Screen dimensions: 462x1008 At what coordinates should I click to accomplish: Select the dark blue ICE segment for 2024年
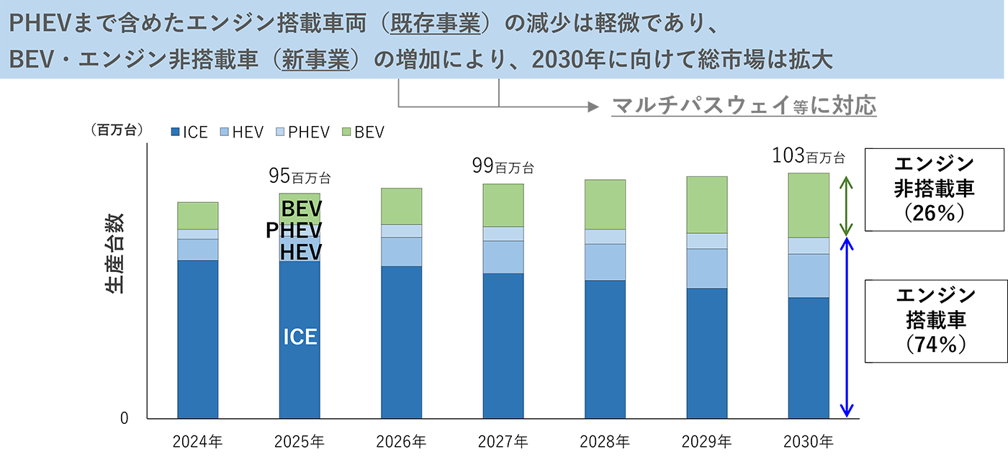point(197,338)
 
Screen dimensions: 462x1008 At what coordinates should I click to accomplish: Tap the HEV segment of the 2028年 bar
point(605,262)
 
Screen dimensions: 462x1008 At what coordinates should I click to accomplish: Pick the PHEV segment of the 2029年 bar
point(706,241)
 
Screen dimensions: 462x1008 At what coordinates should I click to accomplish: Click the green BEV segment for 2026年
point(401,206)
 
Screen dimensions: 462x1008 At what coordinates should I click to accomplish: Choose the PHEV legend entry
point(302,132)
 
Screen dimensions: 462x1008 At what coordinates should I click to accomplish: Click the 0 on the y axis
point(125,418)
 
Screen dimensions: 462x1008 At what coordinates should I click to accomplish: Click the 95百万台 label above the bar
point(300,176)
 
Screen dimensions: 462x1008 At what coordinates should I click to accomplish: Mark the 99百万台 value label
point(503,167)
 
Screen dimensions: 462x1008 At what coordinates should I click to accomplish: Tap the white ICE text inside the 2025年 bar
point(300,337)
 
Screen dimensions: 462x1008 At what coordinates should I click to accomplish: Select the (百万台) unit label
point(117,130)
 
